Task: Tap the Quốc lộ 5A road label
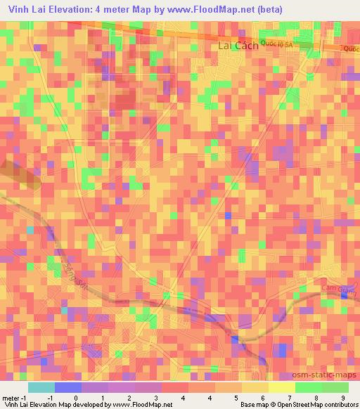click(x=276, y=44)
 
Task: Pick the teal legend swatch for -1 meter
click(x=41, y=387)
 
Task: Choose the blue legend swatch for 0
click(x=68, y=387)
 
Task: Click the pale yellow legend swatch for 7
click(x=281, y=387)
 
